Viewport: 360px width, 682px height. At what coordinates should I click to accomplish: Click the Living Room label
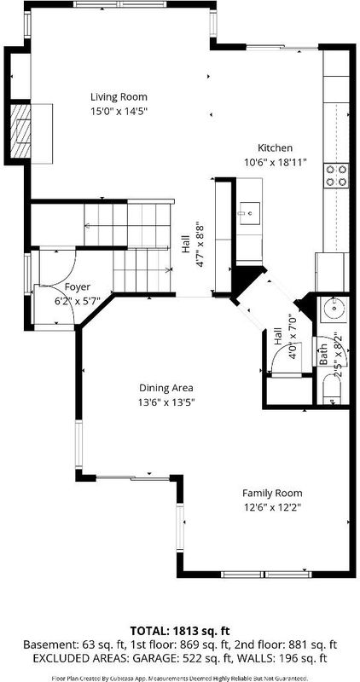coord(119,96)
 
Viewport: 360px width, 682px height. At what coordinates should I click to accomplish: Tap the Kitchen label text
coord(275,147)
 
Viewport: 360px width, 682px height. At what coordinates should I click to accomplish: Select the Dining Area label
coord(165,388)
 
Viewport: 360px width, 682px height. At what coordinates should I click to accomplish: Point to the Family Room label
coord(272,494)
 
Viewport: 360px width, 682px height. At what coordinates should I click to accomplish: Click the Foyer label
coord(78,287)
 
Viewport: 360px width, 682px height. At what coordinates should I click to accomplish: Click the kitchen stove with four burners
coord(336,176)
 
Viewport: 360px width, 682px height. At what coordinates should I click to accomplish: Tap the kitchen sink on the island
coord(249,214)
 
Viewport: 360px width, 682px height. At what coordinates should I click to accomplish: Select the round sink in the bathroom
coord(334,309)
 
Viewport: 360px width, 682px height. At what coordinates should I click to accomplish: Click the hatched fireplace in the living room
coord(20,131)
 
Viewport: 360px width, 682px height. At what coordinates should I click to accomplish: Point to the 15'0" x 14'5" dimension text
coord(119,112)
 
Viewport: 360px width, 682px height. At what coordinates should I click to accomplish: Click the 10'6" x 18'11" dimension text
coord(276,163)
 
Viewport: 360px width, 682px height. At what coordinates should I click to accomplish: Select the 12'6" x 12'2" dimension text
coord(272,507)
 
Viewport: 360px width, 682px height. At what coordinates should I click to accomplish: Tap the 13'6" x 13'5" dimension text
coord(165,402)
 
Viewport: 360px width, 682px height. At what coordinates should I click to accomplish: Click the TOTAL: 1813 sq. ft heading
coord(180,631)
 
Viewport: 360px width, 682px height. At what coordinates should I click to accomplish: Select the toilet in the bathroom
coord(333,388)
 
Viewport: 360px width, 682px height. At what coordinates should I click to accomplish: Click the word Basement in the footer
coord(43,644)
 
